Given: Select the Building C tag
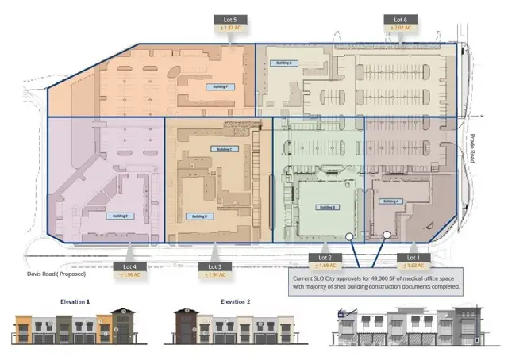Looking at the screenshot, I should tap(225, 148).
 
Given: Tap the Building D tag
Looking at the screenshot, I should tap(197, 215).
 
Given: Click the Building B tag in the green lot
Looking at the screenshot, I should tap(324, 208).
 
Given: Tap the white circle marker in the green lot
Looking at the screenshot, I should tap(348, 236).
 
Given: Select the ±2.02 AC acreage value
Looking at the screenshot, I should tap(401, 28).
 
